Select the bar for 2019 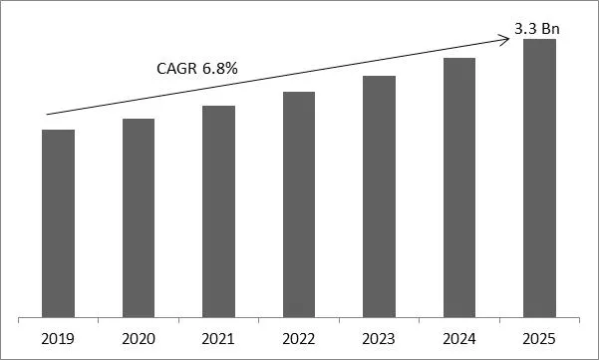click(x=59, y=223)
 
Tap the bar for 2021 click(x=218, y=211)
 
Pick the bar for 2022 click(x=299, y=204)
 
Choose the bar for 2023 click(x=379, y=196)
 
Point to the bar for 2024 click(x=459, y=187)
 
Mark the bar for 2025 click(x=539, y=179)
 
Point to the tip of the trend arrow click(x=510, y=38)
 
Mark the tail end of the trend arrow click(x=47, y=115)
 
